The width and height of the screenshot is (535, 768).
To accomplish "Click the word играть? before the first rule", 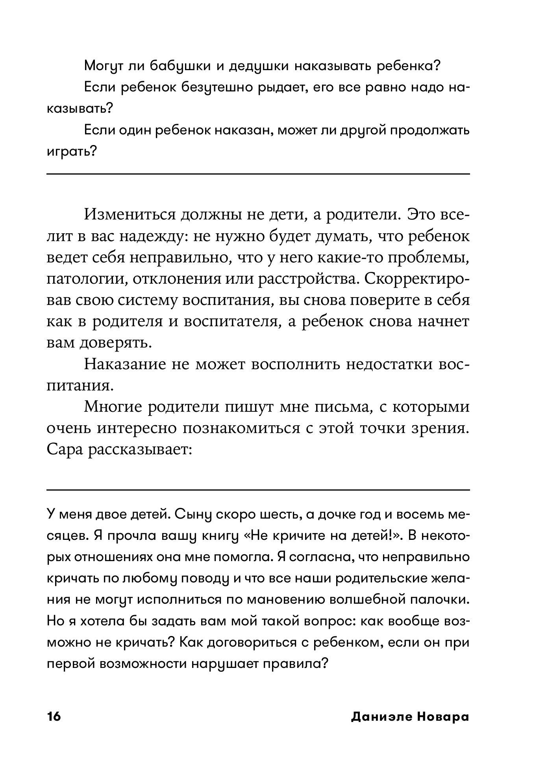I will (72, 151).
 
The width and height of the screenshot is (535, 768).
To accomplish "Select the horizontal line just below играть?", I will (258, 174).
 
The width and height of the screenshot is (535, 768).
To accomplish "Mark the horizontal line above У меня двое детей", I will (258, 490).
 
